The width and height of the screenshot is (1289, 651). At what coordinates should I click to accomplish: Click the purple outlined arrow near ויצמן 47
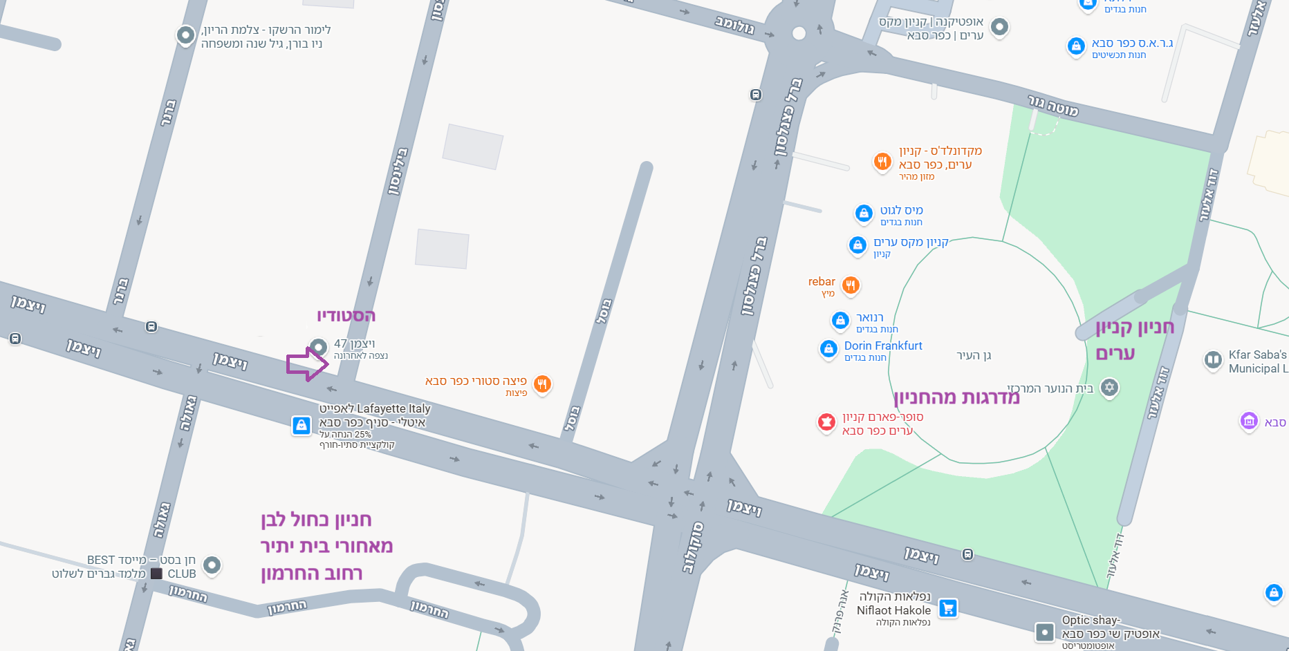pos(307,364)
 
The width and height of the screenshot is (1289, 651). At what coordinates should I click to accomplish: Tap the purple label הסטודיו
pos(346,317)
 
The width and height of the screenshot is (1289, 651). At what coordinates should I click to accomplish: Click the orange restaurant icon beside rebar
pos(851,285)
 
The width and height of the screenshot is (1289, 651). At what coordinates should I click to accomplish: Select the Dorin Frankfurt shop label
pos(883,346)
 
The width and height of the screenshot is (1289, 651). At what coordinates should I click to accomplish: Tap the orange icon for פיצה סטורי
pos(543,384)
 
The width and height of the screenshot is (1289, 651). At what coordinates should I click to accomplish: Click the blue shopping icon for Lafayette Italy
pos(302,425)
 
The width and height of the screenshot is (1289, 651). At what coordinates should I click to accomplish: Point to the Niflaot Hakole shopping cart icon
pos(948,608)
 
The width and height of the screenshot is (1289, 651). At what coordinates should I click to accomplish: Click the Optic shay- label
pos(1091,620)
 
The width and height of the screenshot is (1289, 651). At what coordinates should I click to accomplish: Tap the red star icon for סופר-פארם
pos(826,422)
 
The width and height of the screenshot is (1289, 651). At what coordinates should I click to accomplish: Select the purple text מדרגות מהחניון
pos(956,397)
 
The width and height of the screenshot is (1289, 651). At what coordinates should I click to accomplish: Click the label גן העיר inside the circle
pos(974,356)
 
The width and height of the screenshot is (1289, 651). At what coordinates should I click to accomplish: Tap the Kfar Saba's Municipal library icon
pos(1213,359)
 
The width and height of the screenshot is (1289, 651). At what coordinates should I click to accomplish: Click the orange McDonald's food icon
pos(882,162)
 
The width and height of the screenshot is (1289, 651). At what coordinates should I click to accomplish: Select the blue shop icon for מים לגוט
pos(863,213)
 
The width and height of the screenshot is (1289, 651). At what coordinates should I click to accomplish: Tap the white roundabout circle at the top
pos(799,33)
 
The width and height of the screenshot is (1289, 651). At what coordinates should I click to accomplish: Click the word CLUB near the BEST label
pos(182,574)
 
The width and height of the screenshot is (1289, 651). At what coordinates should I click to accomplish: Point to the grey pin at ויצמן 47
pos(318,346)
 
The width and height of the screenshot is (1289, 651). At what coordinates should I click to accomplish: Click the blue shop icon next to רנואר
pos(840,320)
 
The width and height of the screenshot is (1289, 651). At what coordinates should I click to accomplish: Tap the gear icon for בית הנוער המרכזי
pos(1109,387)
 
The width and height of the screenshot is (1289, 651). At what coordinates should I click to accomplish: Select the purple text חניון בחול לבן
pos(316,520)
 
